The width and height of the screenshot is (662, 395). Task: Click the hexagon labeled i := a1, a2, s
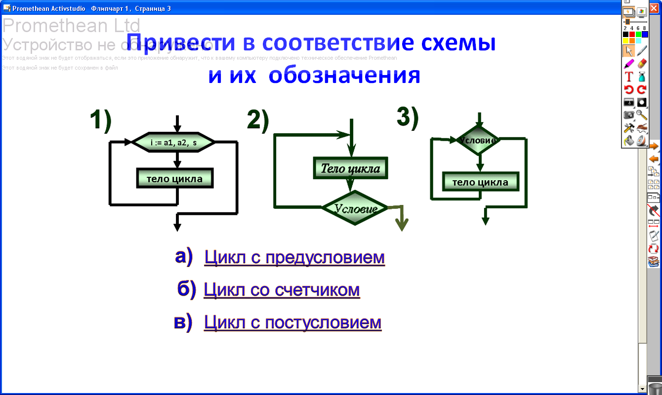click(x=174, y=142)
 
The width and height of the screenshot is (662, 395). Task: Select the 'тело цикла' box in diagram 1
click(x=174, y=178)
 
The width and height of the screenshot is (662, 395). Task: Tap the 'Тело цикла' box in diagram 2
click(x=350, y=168)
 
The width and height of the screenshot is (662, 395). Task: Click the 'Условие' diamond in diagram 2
click(x=355, y=208)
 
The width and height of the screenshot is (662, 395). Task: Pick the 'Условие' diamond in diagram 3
click(x=478, y=140)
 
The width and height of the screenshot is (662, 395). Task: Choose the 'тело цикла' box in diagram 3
click(x=480, y=182)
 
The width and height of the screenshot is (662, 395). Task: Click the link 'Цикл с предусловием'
click(x=294, y=257)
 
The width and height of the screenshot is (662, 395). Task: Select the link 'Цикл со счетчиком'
click(x=282, y=290)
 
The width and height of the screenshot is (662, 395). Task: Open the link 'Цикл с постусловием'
click(x=292, y=322)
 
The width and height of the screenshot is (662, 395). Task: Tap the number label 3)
click(x=408, y=117)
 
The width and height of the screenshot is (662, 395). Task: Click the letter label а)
click(x=183, y=257)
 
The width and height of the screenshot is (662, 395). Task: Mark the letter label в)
click(x=183, y=322)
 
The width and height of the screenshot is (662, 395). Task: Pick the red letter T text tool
click(x=629, y=77)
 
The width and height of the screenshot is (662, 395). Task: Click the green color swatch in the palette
click(x=638, y=35)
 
